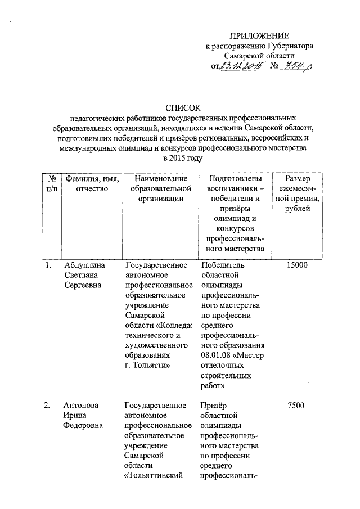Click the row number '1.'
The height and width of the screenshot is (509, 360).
click(x=49, y=265)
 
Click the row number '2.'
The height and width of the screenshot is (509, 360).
click(x=49, y=405)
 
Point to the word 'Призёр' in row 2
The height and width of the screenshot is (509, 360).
click(x=215, y=405)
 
